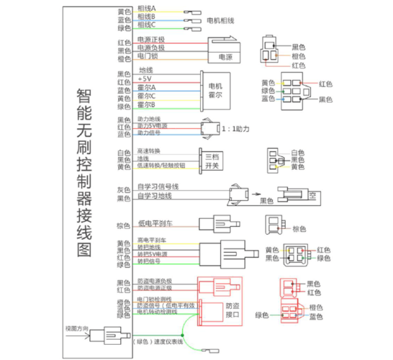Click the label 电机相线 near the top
[x=222, y=19]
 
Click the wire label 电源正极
[x=150, y=40]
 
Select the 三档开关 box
[x=212, y=160]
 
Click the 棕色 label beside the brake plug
[x=299, y=229]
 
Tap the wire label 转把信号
[x=148, y=261]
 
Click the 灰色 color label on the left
[x=123, y=190]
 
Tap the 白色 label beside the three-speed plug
[x=297, y=153]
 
